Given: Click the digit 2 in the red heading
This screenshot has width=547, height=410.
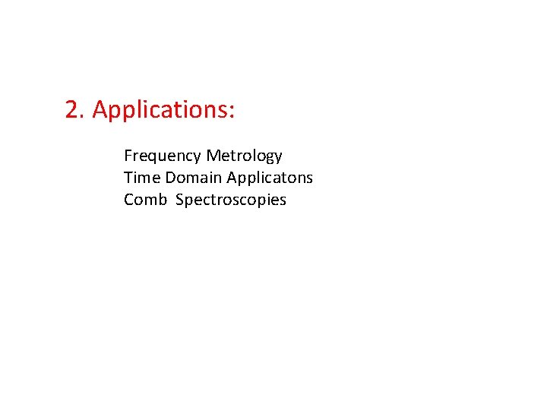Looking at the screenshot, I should (x=72, y=110).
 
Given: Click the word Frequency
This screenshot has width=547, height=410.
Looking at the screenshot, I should (x=163, y=156).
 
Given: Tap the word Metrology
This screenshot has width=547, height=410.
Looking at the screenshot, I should (x=244, y=156).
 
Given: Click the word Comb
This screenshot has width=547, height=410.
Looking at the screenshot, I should (x=145, y=200).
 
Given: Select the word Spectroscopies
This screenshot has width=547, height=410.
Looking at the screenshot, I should (x=231, y=200).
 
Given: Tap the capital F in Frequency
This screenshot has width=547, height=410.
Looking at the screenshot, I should (x=128, y=156).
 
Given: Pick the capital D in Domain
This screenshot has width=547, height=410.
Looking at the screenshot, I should (x=170, y=178).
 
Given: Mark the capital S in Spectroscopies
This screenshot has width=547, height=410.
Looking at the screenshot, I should (x=180, y=200).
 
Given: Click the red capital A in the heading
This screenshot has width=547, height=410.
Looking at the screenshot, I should (x=100, y=110).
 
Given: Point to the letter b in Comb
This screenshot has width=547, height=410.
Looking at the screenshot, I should (x=162, y=199).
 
